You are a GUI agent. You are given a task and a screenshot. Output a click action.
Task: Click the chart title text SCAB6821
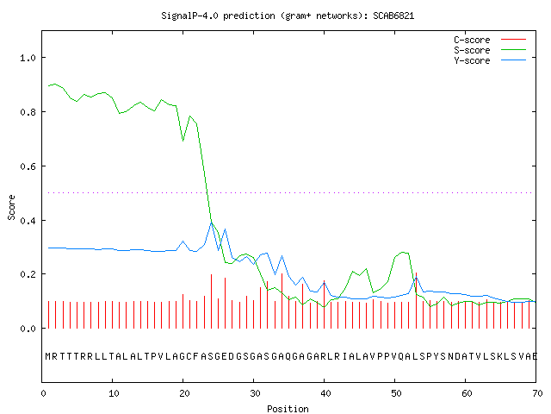[x=393, y=16]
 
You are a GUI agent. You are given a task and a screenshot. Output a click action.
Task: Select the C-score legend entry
[x=490, y=40]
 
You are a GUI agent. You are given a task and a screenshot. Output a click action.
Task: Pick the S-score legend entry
[x=490, y=50]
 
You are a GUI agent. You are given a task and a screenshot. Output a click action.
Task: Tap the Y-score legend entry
[x=490, y=60]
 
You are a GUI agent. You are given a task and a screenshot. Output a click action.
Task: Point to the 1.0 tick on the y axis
[x=28, y=58]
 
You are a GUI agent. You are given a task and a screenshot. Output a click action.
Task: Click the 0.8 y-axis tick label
[x=28, y=112]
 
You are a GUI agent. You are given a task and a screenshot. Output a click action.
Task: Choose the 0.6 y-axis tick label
[x=28, y=166]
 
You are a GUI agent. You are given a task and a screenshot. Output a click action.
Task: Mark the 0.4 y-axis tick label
[x=28, y=221]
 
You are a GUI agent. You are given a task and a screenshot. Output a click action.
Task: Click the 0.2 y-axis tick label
[x=28, y=274]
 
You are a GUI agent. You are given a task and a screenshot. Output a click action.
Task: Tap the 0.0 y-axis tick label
[x=28, y=329]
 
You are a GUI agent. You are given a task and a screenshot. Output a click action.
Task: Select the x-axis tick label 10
[x=114, y=393]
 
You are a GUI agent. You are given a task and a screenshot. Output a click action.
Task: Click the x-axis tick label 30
[x=255, y=393]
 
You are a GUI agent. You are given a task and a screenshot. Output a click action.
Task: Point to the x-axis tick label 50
[x=396, y=393]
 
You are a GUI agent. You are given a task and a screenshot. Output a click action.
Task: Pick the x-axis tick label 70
[x=537, y=393]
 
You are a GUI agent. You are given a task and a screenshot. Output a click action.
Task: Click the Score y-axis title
[x=11, y=207]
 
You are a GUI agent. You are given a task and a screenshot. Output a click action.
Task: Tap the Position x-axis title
[x=288, y=409]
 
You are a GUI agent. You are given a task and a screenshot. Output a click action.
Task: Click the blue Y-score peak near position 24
[x=211, y=223]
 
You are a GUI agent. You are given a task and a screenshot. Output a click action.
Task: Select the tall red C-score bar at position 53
[x=416, y=300]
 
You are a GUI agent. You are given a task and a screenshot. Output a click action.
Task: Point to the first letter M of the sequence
[x=48, y=356]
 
